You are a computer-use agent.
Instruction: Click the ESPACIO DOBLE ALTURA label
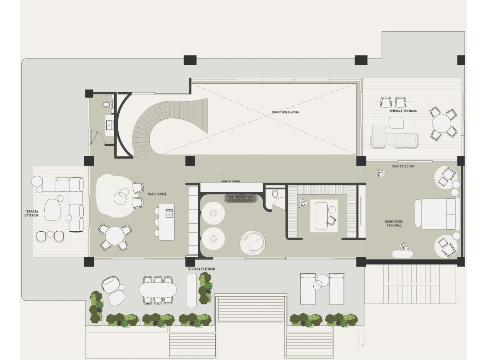[x=285, y=112]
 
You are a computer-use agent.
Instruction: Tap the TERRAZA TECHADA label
[x=403, y=111]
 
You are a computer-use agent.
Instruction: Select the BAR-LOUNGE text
[x=157, y=194]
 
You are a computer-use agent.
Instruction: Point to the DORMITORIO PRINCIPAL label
[x=394, y=223]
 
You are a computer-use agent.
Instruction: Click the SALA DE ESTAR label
[x=403, y=166]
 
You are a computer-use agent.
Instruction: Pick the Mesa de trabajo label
[x=231, y=181]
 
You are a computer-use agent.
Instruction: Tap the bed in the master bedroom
[x=437, y=214]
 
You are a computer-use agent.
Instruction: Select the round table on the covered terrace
[x=441, y=123]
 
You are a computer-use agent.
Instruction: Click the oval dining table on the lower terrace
[x=157, y=290]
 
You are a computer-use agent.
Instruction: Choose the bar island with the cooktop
[x=166, y=222]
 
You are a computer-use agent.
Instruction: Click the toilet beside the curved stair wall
[x=106, y=104]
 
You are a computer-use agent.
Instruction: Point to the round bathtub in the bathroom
[x=253, y=243]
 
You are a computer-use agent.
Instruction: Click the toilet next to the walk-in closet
[x=275, y=194]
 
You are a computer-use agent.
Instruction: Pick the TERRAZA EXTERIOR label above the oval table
[x=201, y=269]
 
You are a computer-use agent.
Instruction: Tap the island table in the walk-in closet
[x=321, y=216]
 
